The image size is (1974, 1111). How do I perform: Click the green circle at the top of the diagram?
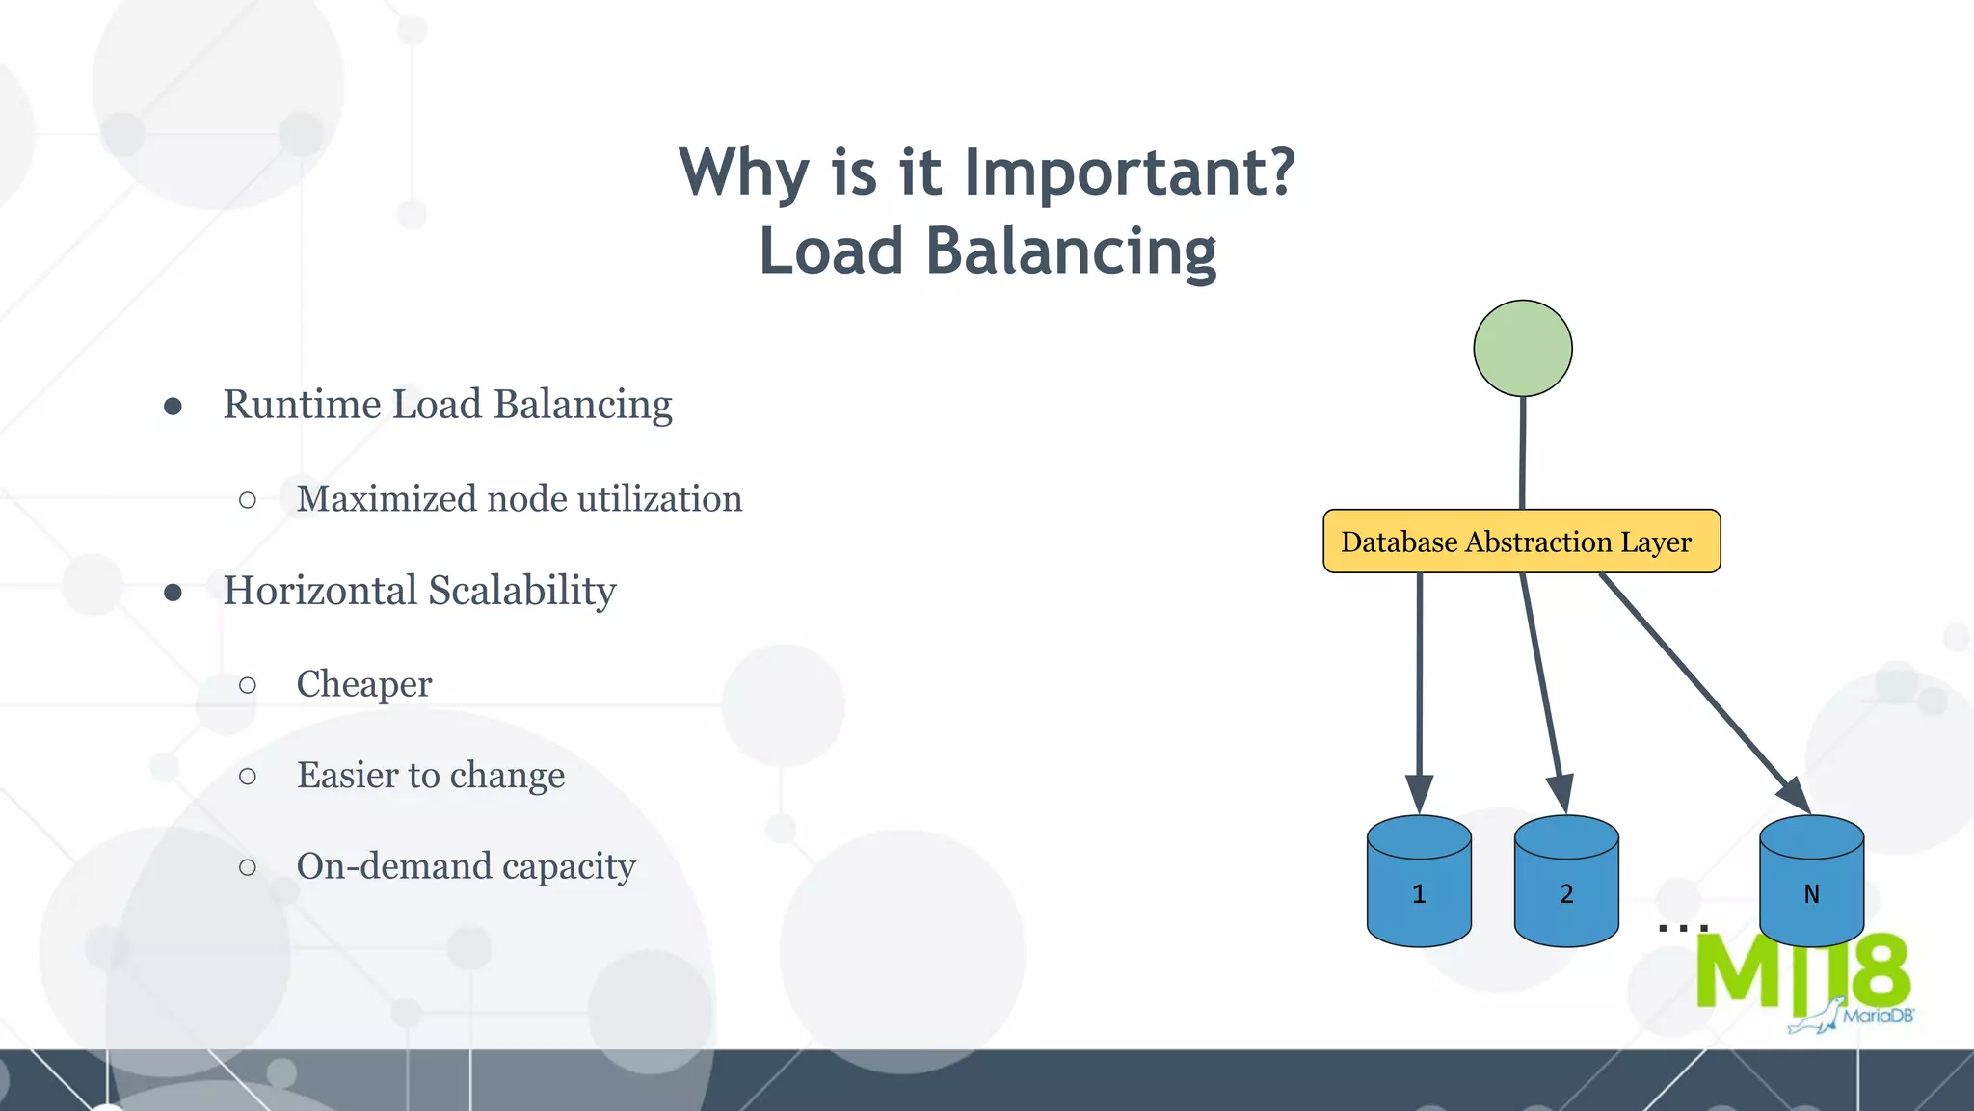(x=1523, y=348)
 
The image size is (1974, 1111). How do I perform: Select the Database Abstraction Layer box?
(x=1521, y=542)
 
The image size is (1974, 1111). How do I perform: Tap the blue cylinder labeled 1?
(x=1419, y=882)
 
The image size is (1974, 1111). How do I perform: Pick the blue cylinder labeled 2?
(x=1566, y=882)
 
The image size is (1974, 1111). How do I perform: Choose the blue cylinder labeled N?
(x=1811, y=882)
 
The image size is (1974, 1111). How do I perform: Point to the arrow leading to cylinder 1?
(x=1419, y=684)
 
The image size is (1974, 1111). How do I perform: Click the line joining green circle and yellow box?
(x=1523, y=453)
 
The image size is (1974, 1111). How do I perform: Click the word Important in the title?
(x=1129, y=172)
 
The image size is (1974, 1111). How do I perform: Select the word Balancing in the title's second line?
(x=1071, y=251)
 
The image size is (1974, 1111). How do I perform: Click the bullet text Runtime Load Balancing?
(x=447, y=405)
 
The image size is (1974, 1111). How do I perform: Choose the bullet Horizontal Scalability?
(x=419, y=591)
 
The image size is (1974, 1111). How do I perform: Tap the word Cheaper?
(x=363, y=684)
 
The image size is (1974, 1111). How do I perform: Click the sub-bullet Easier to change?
(x=430, y=776)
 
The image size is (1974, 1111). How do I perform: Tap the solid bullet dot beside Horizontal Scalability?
(x=173, y=593)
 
